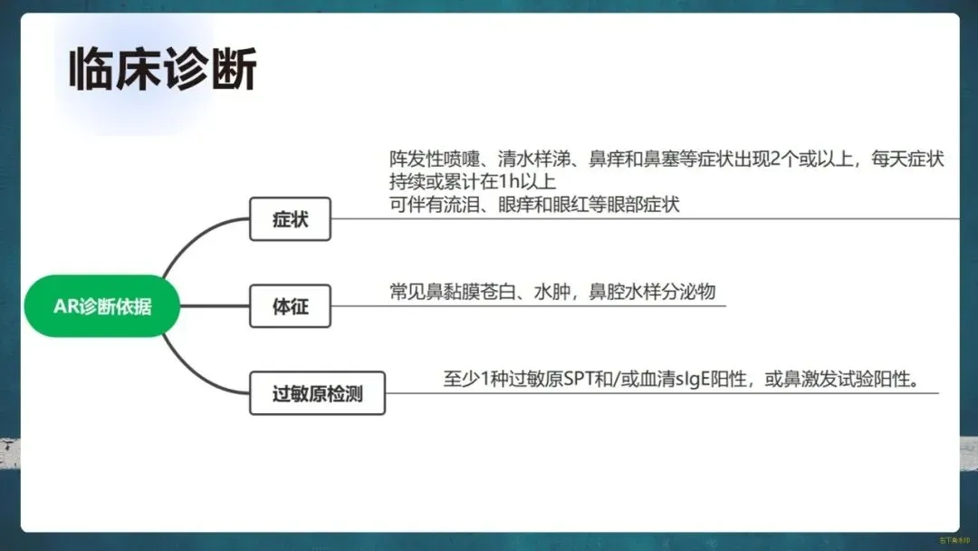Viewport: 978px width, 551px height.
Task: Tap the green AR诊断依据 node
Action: (x=102, y=306)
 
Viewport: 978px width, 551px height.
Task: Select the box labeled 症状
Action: (x=290, y=219)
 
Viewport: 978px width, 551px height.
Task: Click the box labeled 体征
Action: (x=290, y=306)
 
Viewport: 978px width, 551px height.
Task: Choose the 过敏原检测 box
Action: (x=317, y=393)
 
